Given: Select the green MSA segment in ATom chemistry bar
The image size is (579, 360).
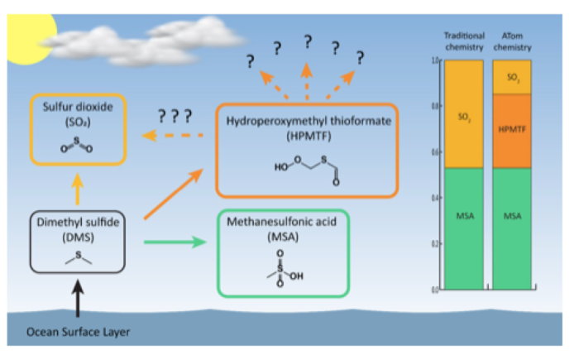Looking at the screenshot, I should (x=511, y=228).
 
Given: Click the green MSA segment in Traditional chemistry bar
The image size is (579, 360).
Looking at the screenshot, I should (x=463, y=228).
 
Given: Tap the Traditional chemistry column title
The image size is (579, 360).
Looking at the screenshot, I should (x=464, y=42).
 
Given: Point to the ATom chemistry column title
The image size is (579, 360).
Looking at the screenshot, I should (x=512, y=42).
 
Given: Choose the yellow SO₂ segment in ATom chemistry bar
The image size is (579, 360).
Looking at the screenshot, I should (x=511, y=77).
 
